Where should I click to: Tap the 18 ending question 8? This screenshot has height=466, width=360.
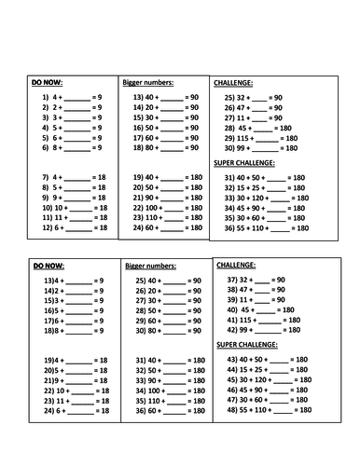pos(103,188)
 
